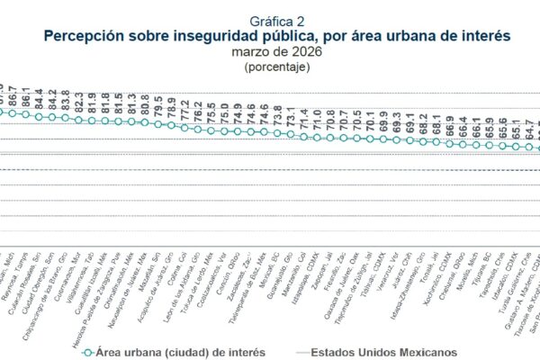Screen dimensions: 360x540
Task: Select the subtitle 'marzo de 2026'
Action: tap(269, 52)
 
